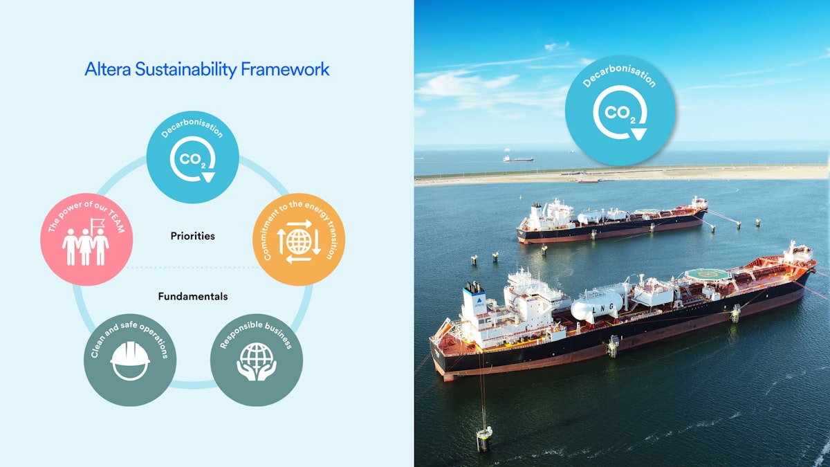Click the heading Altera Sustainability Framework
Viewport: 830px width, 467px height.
tap(207, 69)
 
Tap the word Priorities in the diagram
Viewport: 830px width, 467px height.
tap(193, 236)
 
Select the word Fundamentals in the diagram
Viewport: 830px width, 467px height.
tap(193, 296)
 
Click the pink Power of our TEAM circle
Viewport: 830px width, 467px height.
tap(86, 239)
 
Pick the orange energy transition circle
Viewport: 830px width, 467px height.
tap(299, 239)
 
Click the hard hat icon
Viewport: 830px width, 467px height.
tap(130, 362)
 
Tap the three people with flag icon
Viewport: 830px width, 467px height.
tap(86, 244)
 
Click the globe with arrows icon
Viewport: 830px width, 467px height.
tap(299, 241)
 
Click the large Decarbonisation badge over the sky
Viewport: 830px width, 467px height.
tap(620, 111)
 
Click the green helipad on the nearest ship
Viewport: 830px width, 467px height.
tap(708, 274)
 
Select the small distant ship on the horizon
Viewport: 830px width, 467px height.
tap(518, 158)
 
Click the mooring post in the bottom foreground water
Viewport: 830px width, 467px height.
tap(484, 438)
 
